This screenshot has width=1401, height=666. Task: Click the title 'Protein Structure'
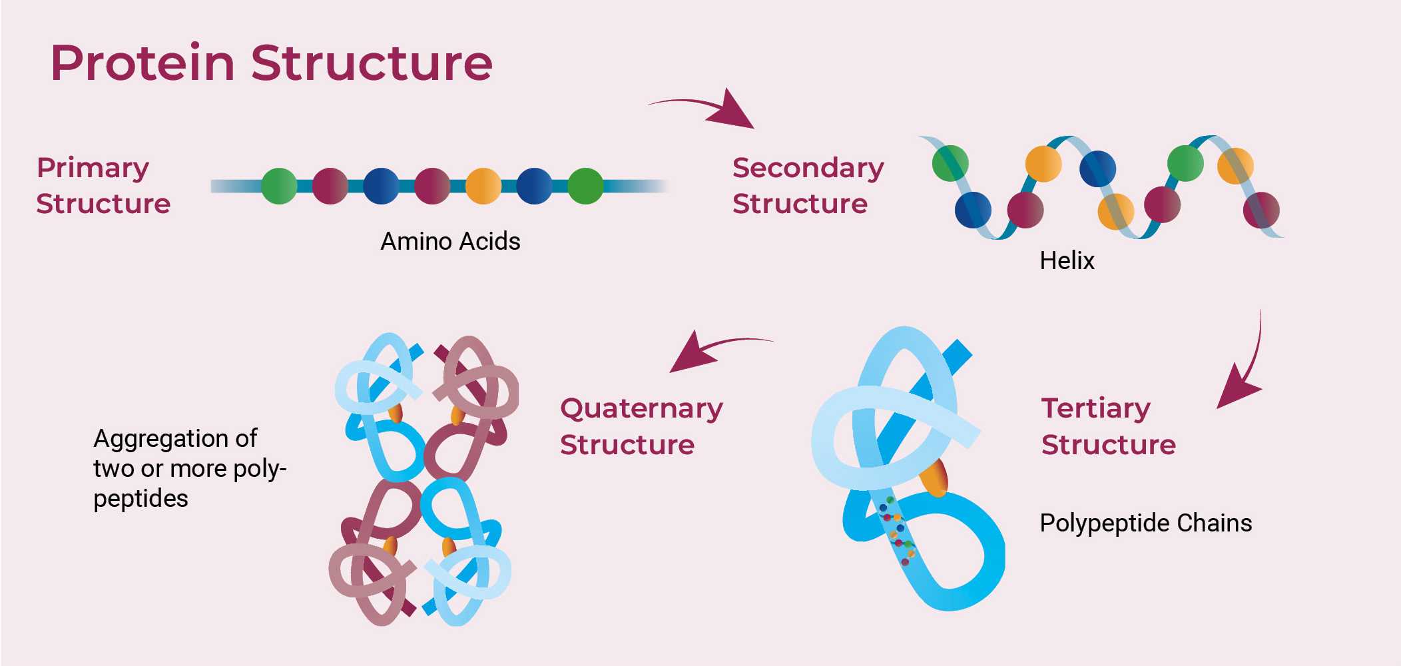coord(271,63)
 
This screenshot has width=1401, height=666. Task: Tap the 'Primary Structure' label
coord(103,185)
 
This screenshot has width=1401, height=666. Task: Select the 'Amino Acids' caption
coord(450,241)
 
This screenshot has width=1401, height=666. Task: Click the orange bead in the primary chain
coord(483,186)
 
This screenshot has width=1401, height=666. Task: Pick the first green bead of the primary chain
coord(279,186)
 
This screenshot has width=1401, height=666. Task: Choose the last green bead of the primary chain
coord(585,186)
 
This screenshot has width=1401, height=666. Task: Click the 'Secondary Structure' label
coord(808,185)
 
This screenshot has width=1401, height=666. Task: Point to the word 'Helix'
coord(1067,260)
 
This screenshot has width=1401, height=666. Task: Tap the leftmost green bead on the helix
coord(950,163)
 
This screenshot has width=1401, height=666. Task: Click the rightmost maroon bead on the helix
coord(1261,210)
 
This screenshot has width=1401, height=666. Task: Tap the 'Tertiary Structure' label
coord(1108,426)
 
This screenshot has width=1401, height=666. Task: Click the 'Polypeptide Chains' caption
coord(1145,523)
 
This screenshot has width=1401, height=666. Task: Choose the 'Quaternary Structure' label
coord(641,426)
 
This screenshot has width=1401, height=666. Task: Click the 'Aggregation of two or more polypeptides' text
coord(189,468)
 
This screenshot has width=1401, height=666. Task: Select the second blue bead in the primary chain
coord(534,186)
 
